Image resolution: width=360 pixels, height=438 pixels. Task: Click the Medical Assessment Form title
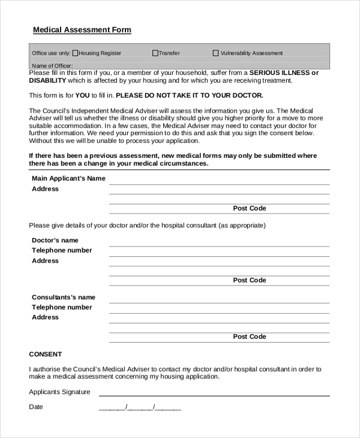coord(82,30)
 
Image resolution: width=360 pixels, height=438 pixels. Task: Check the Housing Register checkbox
coord(75,53)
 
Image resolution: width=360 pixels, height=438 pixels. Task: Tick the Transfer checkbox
coord(155,53)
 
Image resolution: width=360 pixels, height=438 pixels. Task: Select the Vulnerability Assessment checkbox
coord(216,53)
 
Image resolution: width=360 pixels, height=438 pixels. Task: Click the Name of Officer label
coord(52,65)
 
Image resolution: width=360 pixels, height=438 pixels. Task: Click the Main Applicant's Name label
coord(68,178)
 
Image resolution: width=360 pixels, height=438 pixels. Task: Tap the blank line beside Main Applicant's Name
coord(219,183)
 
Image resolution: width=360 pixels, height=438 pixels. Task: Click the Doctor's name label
coord(55,240)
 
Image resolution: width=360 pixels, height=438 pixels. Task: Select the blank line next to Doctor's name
coord(219,245)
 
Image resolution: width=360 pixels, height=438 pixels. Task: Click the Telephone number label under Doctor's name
coord(62,250)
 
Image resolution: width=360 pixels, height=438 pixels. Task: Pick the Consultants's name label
coord(64,297)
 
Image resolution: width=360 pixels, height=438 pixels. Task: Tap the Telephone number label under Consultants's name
coord(62,307)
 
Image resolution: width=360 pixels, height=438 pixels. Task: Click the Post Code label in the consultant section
coord(249,337)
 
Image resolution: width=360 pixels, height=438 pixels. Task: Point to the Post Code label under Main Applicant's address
coord(249,208)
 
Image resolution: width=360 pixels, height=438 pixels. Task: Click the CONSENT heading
coord(46,354)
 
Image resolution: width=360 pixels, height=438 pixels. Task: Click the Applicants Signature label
coord(60,392)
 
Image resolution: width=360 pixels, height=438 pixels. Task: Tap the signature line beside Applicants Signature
coord(214,395)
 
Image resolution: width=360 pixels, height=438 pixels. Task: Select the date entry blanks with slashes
coord(140,407)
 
